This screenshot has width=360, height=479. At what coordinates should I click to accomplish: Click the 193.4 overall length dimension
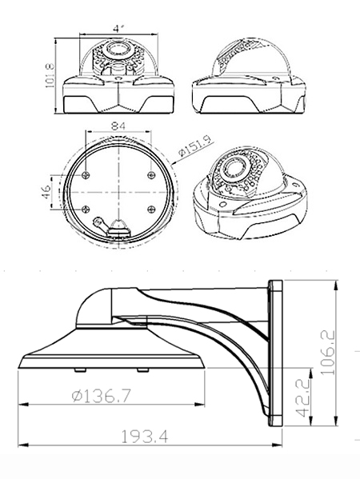coord(145,437)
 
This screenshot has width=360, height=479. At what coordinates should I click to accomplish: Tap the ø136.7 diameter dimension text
coord(101,396)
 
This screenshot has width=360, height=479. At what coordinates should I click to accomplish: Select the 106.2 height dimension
coord(328,352)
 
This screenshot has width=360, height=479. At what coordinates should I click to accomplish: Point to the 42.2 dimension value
coord(303,397)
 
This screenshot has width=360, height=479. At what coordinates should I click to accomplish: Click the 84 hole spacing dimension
coord(118,126)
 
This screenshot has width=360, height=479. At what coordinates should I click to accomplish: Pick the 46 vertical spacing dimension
coord(46,192)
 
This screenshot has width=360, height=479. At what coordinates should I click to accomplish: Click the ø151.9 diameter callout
coord(195,146)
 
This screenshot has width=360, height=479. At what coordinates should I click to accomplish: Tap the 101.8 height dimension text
coord(50,75)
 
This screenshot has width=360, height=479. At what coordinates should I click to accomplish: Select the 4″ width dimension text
coord(118,29)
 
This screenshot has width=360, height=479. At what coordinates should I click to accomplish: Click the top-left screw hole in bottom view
coord(86,175)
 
